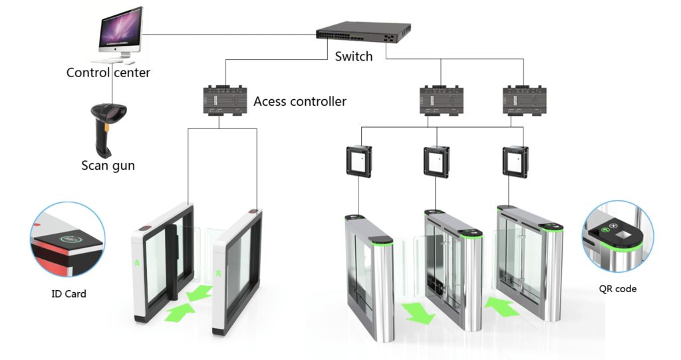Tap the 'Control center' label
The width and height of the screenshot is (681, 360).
pyautogui.click(x=108, y=73)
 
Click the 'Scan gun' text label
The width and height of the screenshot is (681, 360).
pyautogui.click(x=108, y=165)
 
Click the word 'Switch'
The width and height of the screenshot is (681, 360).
pyautogui.click(x=354, y=57)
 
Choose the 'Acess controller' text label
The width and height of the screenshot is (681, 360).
pyautogui.click(x=300, y=102)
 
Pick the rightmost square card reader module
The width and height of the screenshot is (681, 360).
pyautogui.click(x=516, y=160)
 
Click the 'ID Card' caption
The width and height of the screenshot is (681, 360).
pyautogui.click(x=68, y=293)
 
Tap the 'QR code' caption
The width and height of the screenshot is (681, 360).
pyautogui.click(x=618, y=288)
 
